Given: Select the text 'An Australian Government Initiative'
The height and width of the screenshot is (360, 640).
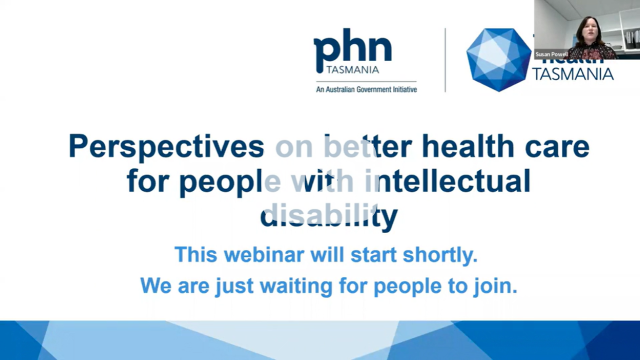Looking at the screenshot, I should [359, 90].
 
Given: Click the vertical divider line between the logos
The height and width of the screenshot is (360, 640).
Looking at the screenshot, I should [445, 60].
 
